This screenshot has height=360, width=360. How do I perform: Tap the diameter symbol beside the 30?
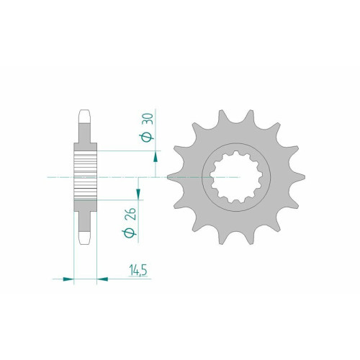tap(147, 138)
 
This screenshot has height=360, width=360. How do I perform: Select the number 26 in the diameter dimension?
tap(131, 214)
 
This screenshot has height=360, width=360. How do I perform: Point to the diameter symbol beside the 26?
tap(129, 233)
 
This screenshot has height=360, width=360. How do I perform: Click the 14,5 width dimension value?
tap(138, 270)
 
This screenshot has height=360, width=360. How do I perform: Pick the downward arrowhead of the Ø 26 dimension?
tap(138, 194)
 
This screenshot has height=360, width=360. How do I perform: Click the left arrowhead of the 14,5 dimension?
tap(68, 279)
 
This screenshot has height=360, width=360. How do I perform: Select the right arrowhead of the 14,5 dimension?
tap(102, 279)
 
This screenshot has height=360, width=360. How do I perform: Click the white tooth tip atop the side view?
tap(85, 117)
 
